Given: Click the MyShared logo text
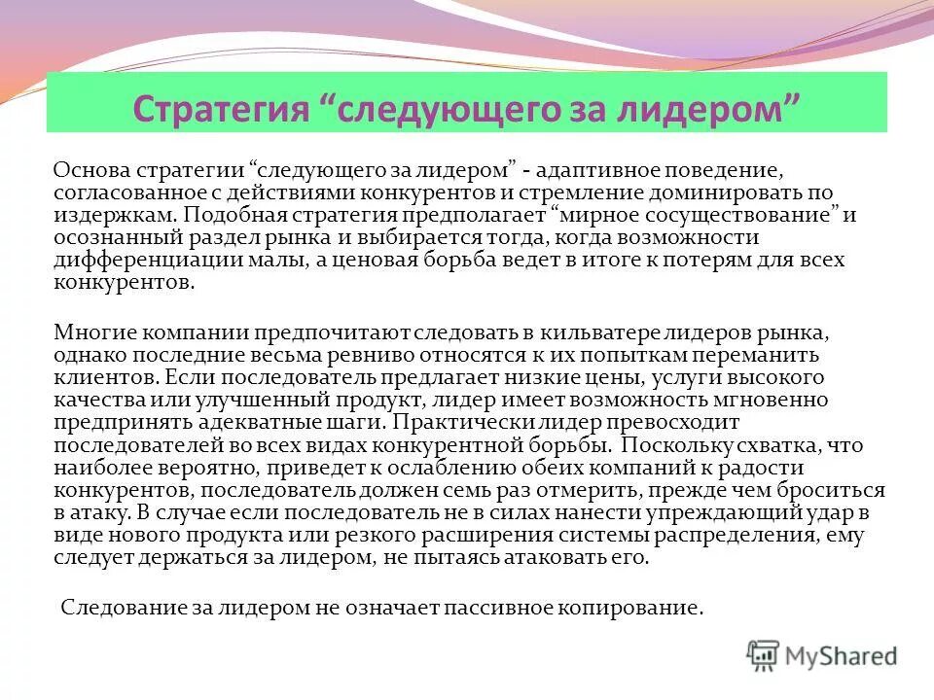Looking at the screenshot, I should [x=843, y=657].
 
